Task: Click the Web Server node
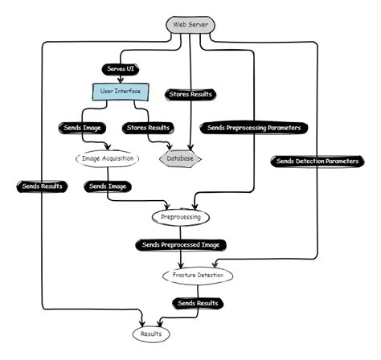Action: tap(190, 25)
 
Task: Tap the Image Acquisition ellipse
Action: tap(109, 158)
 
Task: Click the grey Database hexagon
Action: tap(180, 159)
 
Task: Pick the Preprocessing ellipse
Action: tap(181, 217)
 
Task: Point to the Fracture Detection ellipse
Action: tap(197, 275)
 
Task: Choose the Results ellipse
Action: tap(152, 333)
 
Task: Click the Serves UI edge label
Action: tap(121, 69)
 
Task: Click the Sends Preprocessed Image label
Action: tap(180, 244)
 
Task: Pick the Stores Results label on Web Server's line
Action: tap(190, 95)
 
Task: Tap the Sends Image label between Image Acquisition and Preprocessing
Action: tap(109, 186)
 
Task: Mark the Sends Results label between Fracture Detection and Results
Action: tap(197, 303)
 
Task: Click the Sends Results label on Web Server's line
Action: tap(41, 186)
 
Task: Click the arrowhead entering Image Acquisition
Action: tap(109, 147)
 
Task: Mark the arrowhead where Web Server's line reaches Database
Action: tap(190, 147)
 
